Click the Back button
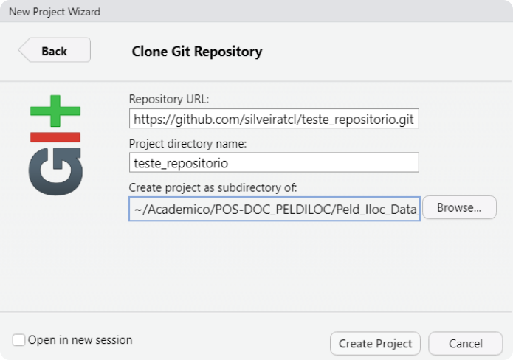click(x=55, y=50)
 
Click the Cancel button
click(x=465, y=343)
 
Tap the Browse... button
click(x=459, y=207)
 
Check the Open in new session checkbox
click(x=18, y=340)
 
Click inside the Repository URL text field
click(x=274, y=119)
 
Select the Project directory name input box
click(x=274, y=162)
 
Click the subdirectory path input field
click(x=275, y=209)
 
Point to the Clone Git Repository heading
click(x=197, y=52)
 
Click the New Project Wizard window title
click(x=55, y=12)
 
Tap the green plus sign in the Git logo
click(x=55, y=111)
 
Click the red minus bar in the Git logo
click(x=55, y=137)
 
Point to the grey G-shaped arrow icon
click(x=55, y=171)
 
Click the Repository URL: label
click(x=169, y=99)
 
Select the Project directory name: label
click(x=187, y=144)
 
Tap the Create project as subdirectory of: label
click(x=213, y=187)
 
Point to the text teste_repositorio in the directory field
click(x=181, y=163)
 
